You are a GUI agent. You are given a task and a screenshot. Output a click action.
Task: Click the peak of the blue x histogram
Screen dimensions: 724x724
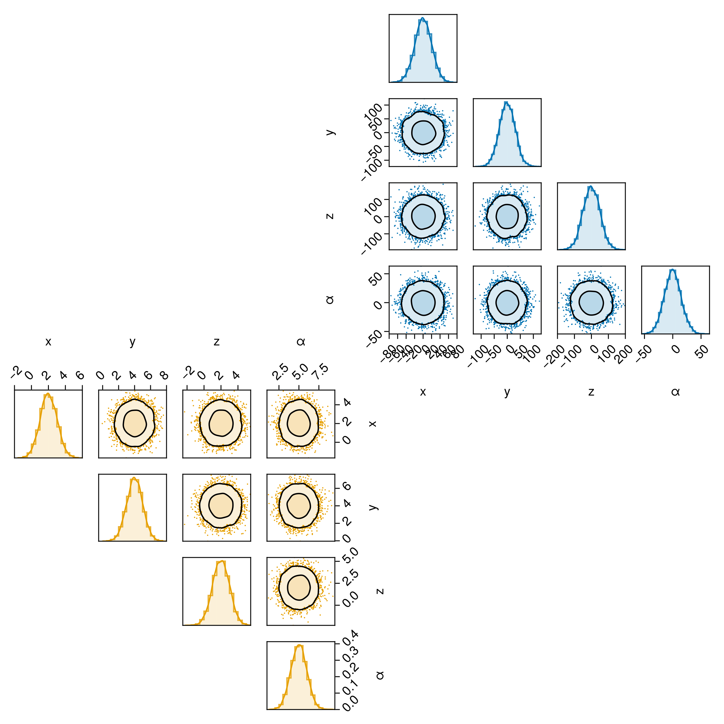422,17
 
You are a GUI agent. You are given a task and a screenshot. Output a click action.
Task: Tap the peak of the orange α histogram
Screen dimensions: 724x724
299,645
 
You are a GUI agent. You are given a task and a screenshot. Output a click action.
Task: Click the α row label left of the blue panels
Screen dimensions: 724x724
330,300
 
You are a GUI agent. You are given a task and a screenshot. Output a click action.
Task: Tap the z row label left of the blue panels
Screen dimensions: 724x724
330,216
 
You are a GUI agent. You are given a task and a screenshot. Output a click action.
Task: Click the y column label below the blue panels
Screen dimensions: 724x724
507,392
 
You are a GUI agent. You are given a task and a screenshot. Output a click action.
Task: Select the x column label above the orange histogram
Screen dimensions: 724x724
48,341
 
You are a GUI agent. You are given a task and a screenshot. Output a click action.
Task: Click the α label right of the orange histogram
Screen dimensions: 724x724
380,675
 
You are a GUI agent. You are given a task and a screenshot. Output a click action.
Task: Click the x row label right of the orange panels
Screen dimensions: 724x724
373,424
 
